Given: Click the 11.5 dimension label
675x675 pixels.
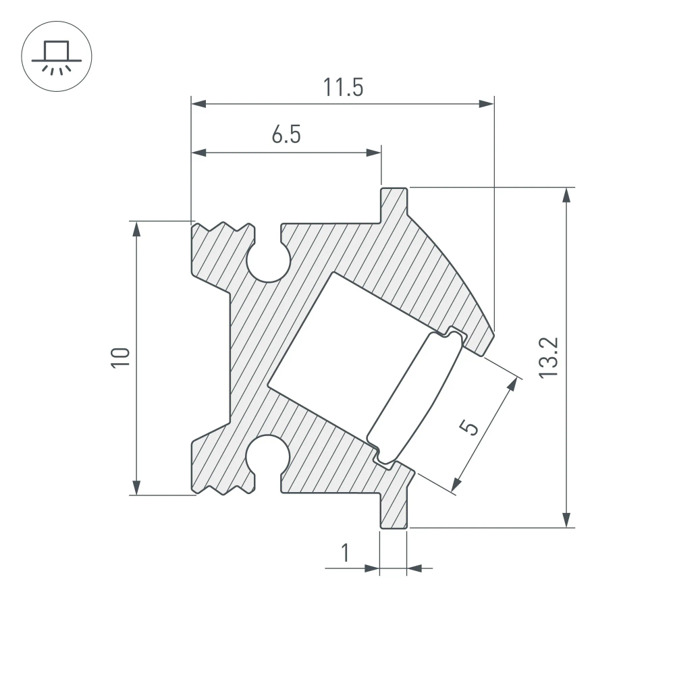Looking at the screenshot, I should pyautogui.click(x=343, y=88).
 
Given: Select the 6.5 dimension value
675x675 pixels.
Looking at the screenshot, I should pyautogui.click(x=286, y=136).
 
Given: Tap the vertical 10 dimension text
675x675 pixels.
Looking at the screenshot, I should pyautogui.click(x=120, y=357).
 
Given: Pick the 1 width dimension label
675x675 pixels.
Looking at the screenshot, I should pyautogui.click(x=346, y=553).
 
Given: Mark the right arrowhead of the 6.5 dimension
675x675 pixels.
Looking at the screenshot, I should pyautogui.click(x=373, y=153).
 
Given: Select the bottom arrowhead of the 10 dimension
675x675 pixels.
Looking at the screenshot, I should pyautogui.click(x=137, y=487).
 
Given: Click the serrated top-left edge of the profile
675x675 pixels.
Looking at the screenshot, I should pyautogui.click(x=223, y=228).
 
